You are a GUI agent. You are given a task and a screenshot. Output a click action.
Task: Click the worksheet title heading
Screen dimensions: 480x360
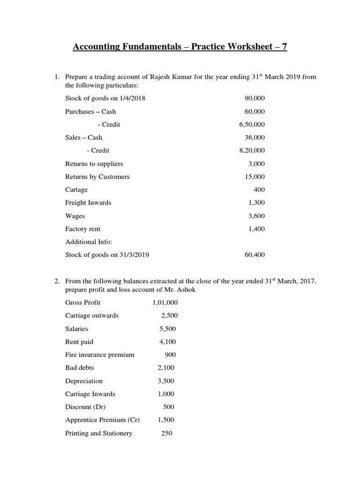point(180,47)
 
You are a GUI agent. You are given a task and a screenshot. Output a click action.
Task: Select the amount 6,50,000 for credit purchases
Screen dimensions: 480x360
point(252,124)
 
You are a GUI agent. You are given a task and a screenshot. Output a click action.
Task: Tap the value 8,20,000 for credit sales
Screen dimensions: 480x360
point(252,150)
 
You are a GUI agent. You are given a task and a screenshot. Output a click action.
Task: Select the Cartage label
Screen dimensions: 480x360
point(76,190)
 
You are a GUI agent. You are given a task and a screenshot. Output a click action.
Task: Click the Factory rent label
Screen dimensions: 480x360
point(83,229)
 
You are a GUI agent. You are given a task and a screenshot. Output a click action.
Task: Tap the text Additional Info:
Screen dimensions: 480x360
point(89,242)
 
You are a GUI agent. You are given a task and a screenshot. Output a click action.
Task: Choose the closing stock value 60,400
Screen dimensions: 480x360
point(255,255)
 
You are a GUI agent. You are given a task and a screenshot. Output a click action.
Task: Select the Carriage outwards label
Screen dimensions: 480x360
point(92,315)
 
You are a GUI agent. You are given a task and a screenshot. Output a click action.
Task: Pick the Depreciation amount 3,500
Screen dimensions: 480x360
point(166,381)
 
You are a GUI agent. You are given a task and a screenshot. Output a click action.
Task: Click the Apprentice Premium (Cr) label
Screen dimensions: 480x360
point(102,420)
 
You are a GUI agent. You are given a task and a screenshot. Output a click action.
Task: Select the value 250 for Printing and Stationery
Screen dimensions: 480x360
point(166,434)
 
